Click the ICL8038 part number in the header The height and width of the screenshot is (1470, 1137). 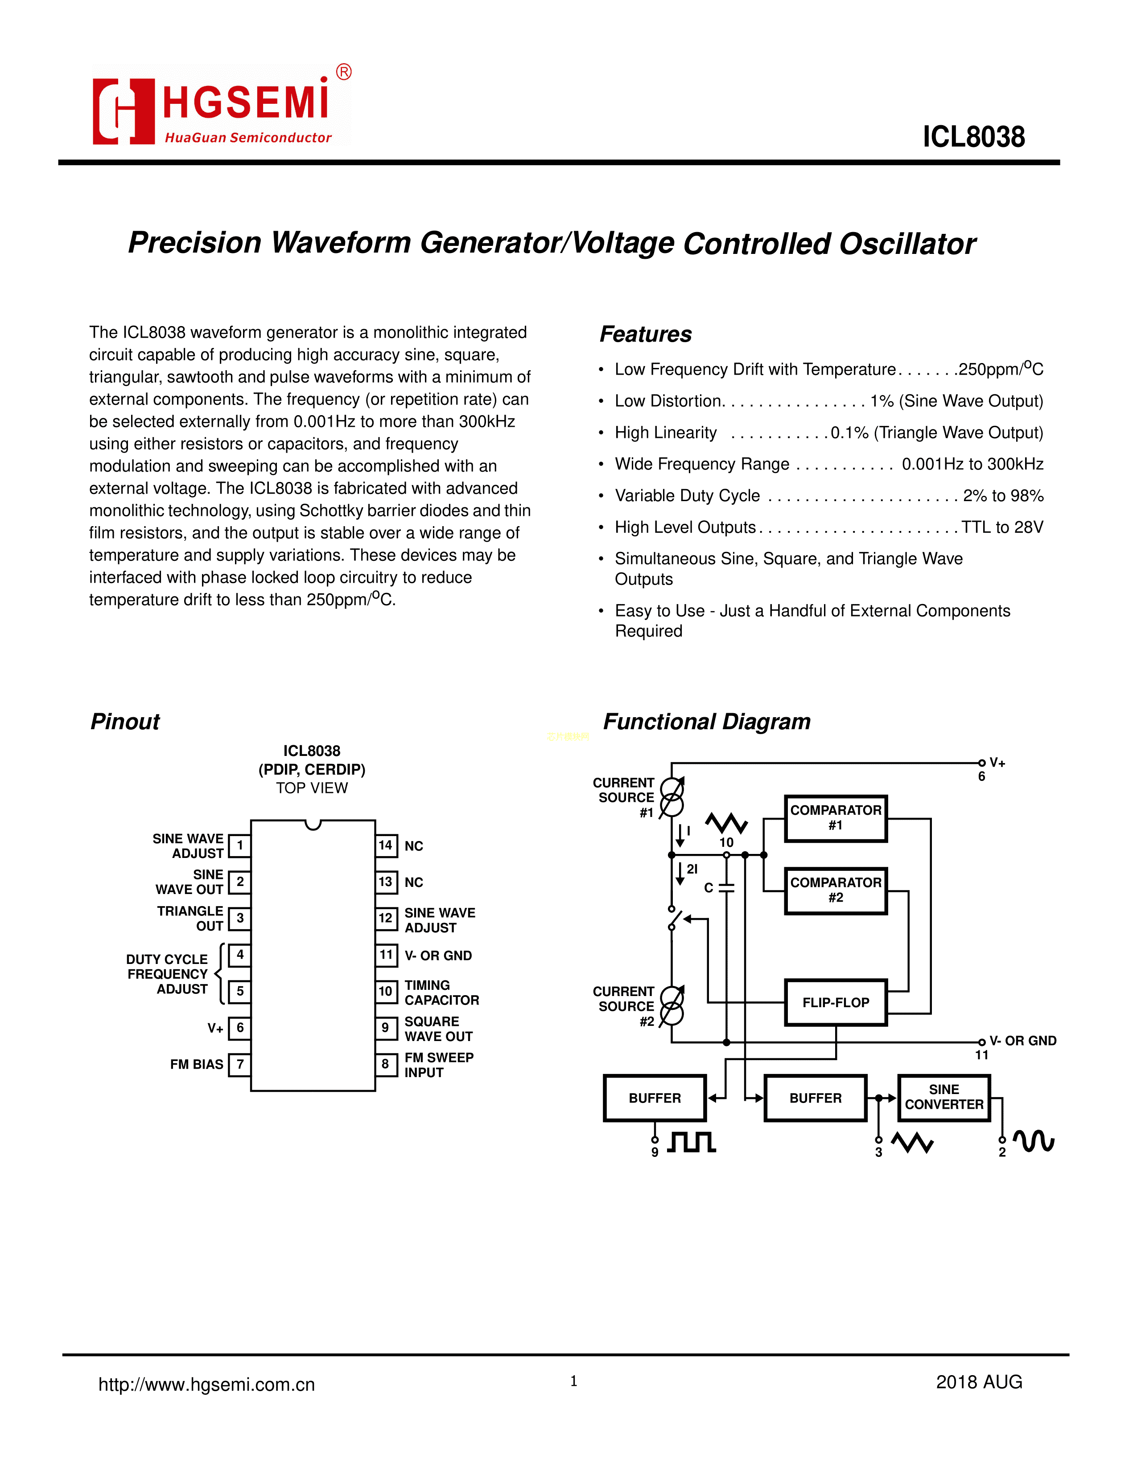tap(973, 137)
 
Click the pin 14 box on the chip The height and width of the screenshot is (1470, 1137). tap(385, 845)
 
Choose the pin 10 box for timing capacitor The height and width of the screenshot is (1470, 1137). tap(385, 992)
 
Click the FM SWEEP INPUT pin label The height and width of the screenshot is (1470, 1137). tap(438, 1065)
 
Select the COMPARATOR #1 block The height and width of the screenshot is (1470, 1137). tap(835, 818)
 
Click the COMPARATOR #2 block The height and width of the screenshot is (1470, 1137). tap(835, 890)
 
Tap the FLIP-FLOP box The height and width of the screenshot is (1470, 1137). tap(835, 1003)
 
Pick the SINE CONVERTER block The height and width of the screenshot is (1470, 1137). tap(943, 1097)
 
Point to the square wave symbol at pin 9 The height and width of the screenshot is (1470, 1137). tap(692, 1142)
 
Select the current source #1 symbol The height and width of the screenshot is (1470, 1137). tap(671, 796)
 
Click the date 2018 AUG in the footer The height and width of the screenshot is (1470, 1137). tap(979, 1382)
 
